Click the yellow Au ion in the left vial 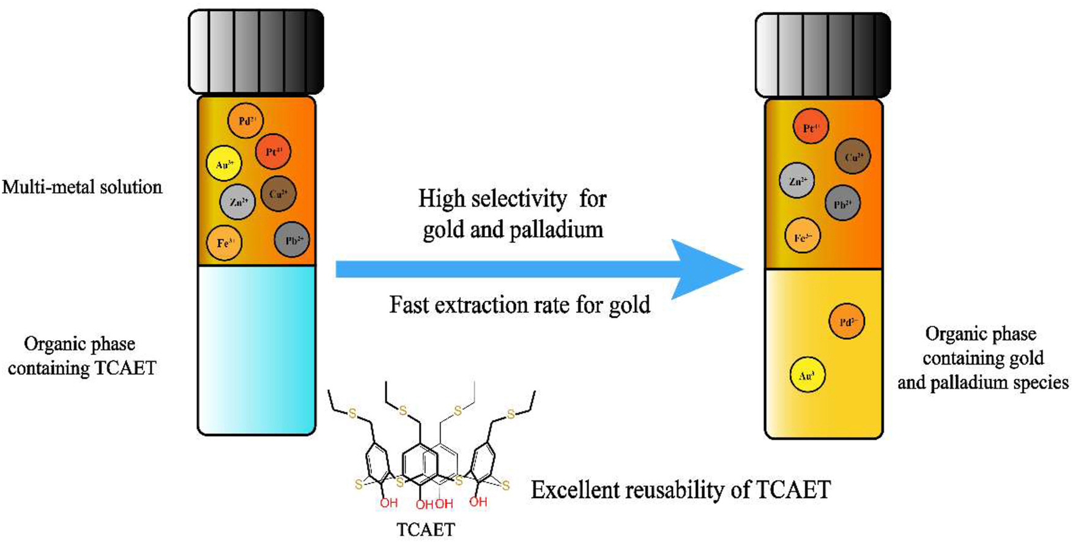point(225,164)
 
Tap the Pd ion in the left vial point(245,121)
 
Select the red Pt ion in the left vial point(273,151)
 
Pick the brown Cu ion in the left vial point(278,194)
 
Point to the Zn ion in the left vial point(237,202)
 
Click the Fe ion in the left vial point(225,243)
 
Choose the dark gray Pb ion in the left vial point(292,240)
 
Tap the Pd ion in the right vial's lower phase point(847,321)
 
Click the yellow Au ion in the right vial point(808,375)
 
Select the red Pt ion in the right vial point(811,127)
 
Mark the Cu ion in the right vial point(853,157)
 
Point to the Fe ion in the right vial point(803,236)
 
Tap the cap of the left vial point(256,52)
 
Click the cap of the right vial point(823,55)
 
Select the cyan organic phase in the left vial point(256,349)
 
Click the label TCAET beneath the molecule point(426,529)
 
